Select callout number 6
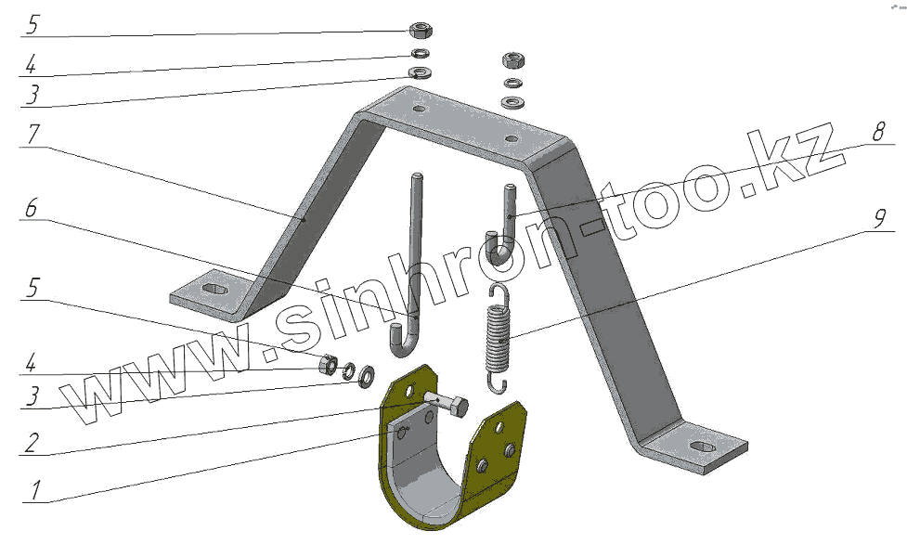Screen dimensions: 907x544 [32, 210]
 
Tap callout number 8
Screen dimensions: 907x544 [875, 134]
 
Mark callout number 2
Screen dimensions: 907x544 [32, 442]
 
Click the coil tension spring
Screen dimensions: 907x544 [499, 334]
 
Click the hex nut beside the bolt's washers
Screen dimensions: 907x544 [328, 364]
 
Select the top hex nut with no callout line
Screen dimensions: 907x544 [511, 60]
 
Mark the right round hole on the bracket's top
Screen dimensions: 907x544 [510, 140]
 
